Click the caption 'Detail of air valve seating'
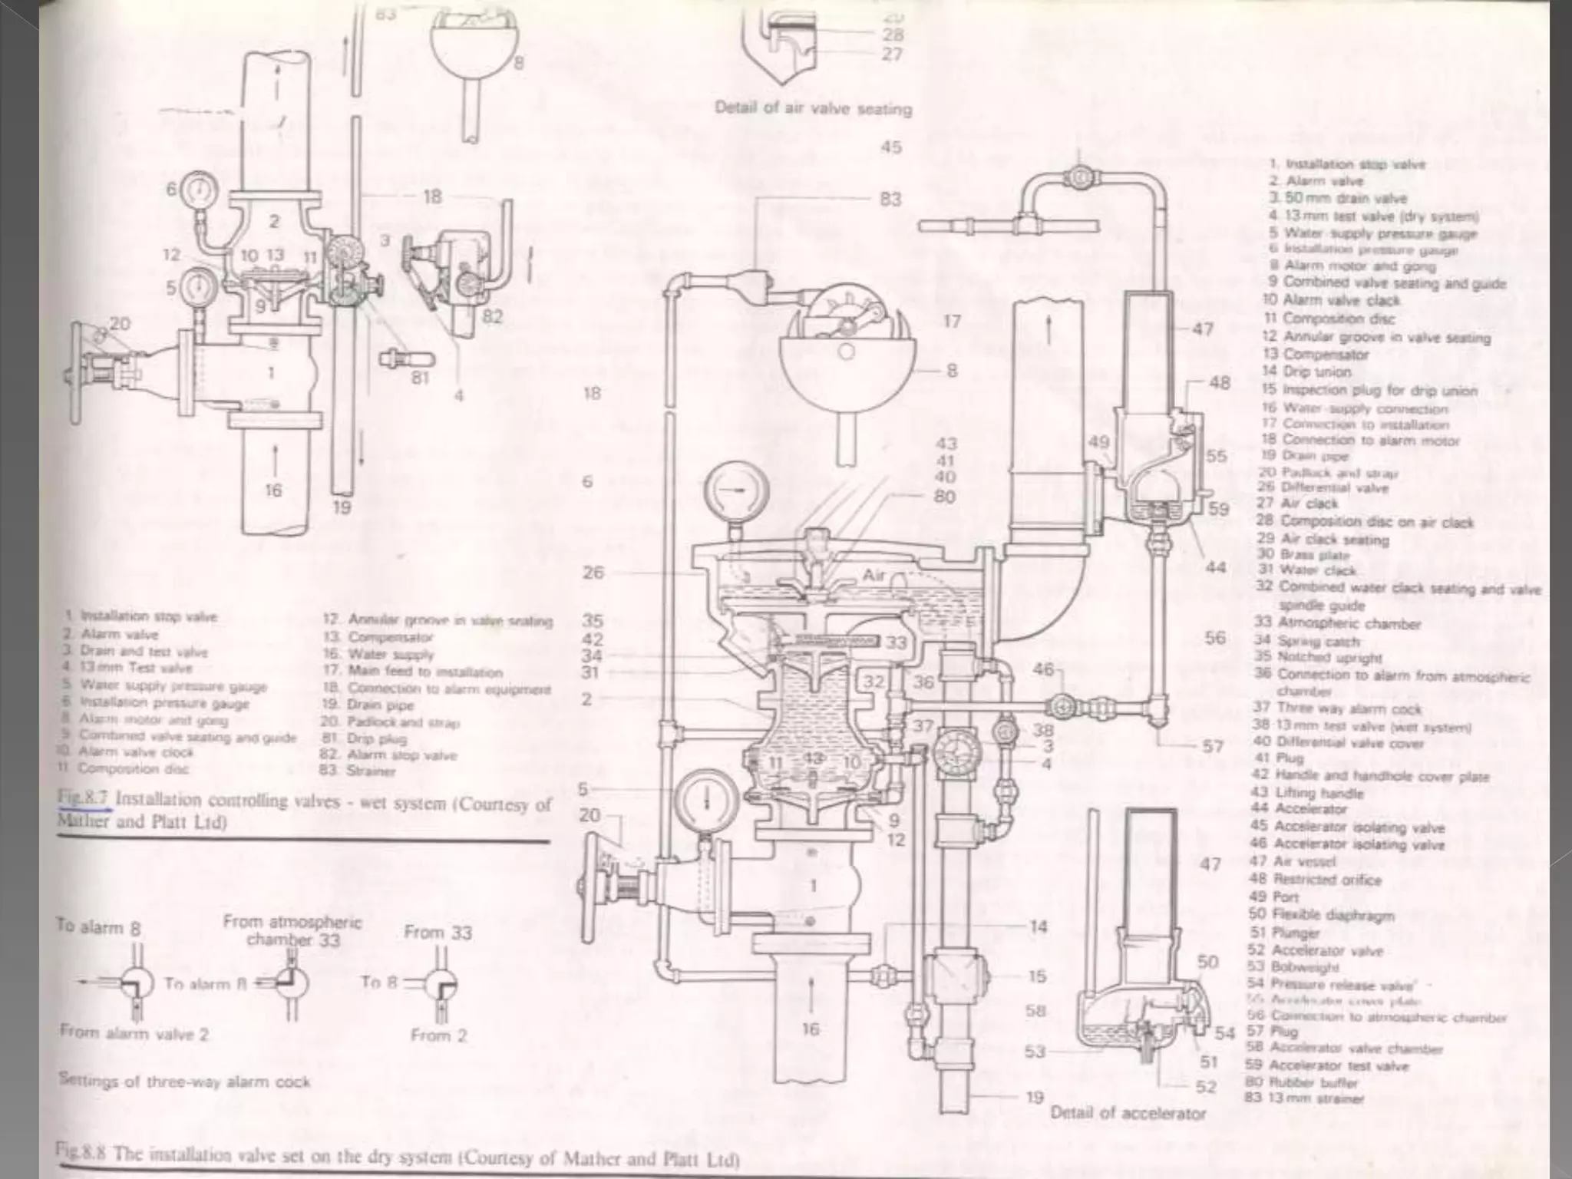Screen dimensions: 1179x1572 tap(813, 108)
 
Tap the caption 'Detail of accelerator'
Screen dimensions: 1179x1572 tap(1128, 1113)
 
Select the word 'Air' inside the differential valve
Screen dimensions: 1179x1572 tap(874, 576)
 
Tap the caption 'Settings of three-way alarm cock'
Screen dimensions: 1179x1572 tap(184, 1082)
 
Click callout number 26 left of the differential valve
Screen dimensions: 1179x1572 tap(593, 573)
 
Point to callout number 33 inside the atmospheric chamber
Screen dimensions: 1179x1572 tap(896, 642)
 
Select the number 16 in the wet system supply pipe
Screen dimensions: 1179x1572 tap(273, 490)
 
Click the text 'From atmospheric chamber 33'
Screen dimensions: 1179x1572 tap(292, 930)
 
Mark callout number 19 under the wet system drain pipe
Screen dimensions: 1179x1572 tap(342, 507)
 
